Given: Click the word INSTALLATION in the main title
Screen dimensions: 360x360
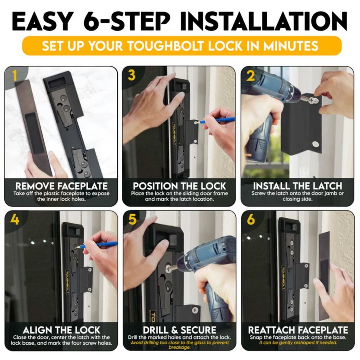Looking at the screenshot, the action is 264,21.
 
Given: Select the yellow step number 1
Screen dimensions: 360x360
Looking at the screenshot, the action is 15,76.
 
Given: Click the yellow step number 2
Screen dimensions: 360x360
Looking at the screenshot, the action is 251,76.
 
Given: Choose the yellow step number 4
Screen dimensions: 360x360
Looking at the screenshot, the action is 14,220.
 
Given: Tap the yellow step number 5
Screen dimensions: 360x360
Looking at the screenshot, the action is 133,220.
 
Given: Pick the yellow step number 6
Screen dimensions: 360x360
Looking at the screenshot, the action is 251,220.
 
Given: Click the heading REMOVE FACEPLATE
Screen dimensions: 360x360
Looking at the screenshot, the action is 61,186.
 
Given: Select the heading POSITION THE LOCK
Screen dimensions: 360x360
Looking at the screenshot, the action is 179,186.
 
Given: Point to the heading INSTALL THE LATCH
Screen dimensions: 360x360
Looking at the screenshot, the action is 297,186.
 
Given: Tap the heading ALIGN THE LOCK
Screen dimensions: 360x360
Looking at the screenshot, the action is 61,330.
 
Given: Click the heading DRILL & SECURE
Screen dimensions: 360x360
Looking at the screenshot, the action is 179,330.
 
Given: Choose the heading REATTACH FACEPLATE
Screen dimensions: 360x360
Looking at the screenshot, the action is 298,330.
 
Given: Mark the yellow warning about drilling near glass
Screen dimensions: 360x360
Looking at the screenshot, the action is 180,345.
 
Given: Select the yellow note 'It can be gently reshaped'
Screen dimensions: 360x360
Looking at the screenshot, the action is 298,343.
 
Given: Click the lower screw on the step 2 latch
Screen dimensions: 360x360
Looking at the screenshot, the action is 316,144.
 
